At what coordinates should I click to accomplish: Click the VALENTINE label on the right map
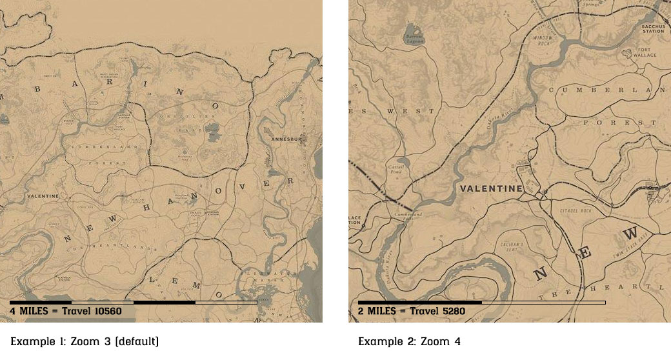(491, 188)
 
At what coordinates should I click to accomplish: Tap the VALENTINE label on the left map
(43, 195)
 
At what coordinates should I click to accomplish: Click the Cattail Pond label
(397, 169)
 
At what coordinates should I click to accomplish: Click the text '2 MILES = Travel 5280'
(411, 311)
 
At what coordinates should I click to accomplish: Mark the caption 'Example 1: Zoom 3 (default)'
(84, 341)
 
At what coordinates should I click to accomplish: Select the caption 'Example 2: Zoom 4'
(409, 341)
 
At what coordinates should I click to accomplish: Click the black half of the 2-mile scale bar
(419, 302)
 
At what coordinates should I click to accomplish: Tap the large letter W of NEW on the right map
(632, 232)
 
